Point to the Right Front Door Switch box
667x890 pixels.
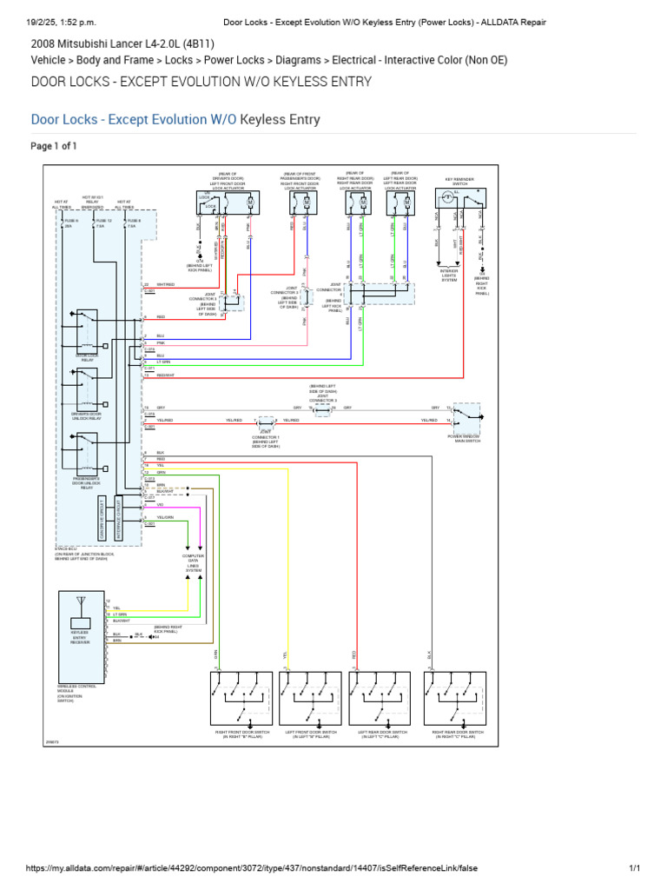point(244,698)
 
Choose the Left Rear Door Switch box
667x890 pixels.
point(383,698)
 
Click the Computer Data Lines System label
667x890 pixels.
point(193,562)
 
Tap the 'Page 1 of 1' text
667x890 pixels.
point(54,146)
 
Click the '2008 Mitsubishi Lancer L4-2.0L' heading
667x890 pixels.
point(122,43)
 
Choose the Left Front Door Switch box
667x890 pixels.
point(314,698)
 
